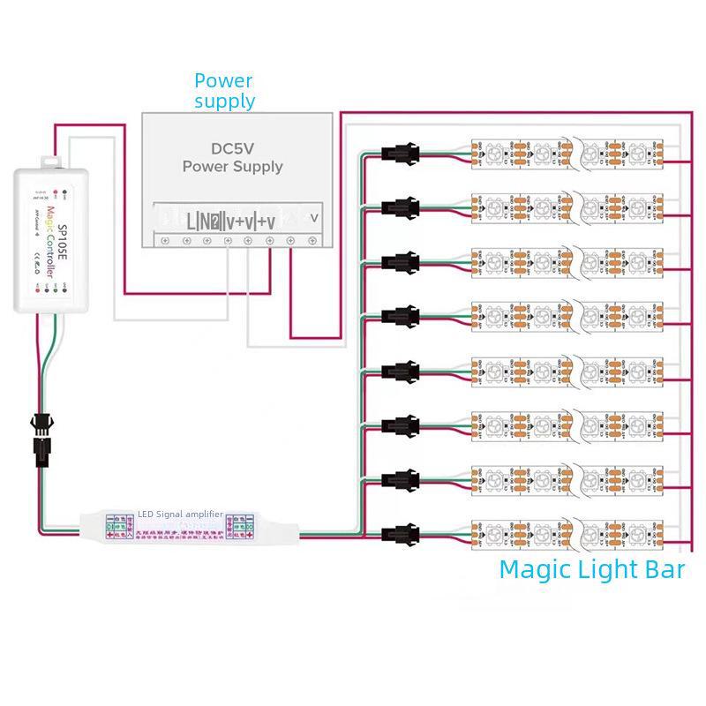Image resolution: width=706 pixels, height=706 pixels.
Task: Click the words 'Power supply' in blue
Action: pyautogui.click(x=224, y=91)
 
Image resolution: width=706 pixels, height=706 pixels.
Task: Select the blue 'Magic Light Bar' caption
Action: pyautogui.click(x=591, y=569)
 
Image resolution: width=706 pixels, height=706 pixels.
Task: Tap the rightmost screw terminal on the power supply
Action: pyautogui.click(x=312, y=239)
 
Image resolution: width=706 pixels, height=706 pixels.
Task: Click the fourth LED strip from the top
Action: pyautogui.click(x=568, y=315)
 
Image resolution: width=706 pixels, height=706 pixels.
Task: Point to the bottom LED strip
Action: pyautogui.click(x=568, y=533)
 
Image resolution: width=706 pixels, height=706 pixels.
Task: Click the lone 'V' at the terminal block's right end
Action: pyautogui.click(x=313, y=216)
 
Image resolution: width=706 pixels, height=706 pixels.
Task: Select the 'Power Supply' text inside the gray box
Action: pyautogui.click(x=232, y=166)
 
